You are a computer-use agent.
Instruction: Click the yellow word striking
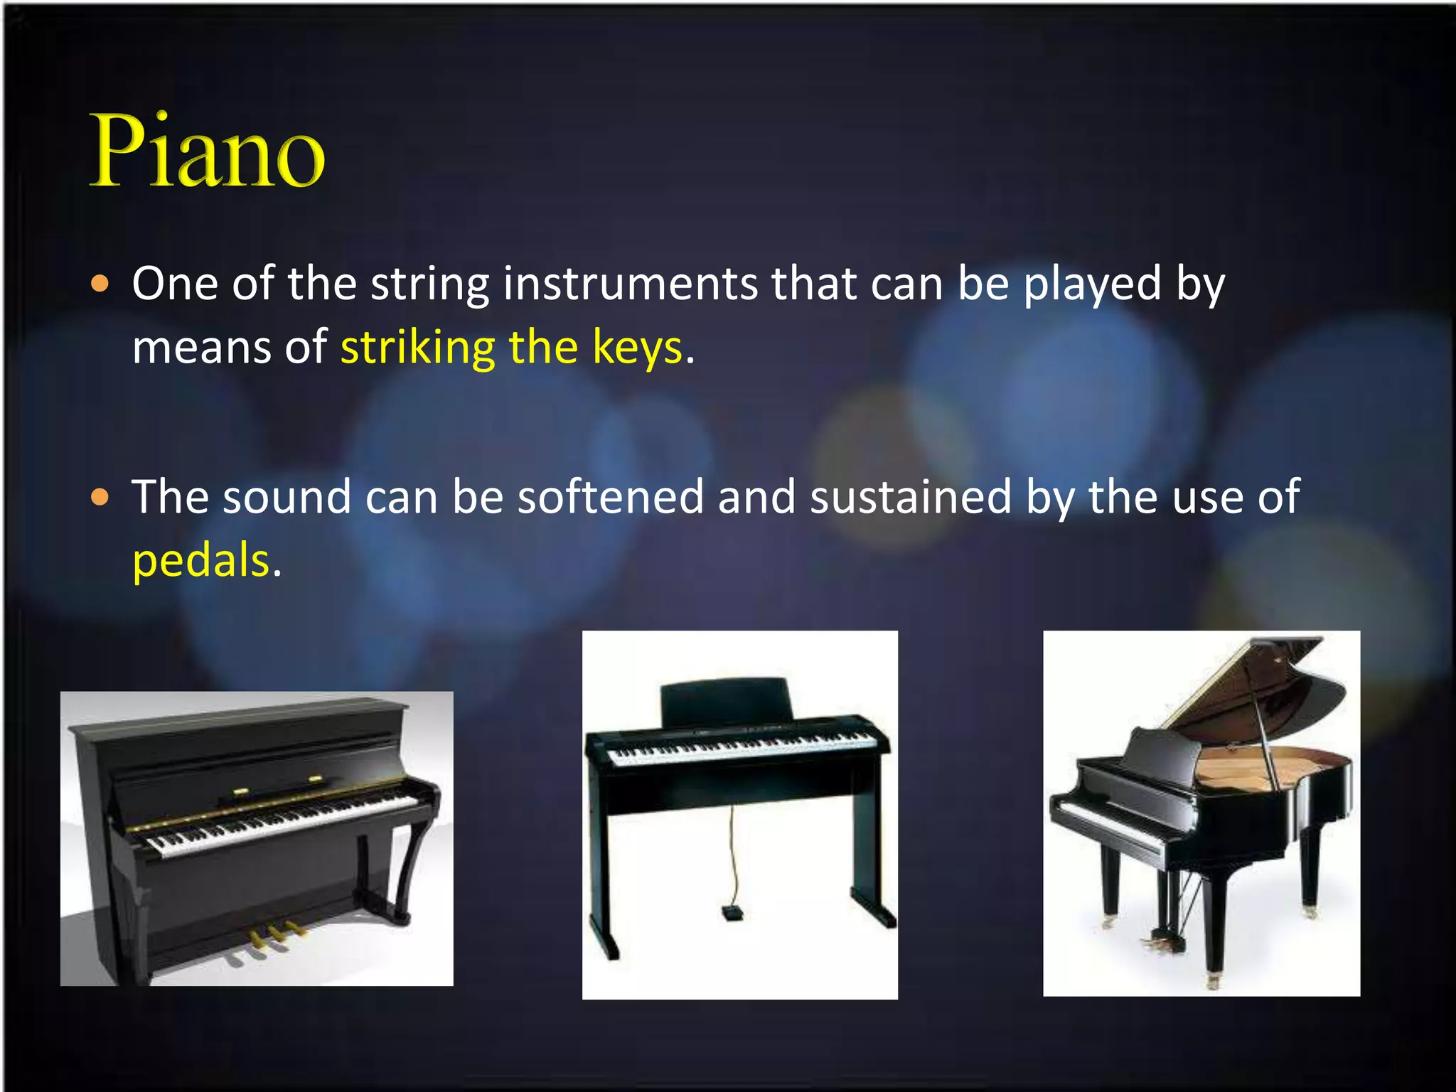tap(417, 348)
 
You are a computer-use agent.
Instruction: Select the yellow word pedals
tap(201, 560)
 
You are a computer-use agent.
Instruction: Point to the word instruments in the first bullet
tap(630, 284)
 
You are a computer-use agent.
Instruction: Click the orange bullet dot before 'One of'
tap(101, 284)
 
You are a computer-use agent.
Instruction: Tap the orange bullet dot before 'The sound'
tap(101, 497)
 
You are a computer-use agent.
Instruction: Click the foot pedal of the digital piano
tap(731, 912)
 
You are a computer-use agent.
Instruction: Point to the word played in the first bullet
tap(1092, 284)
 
